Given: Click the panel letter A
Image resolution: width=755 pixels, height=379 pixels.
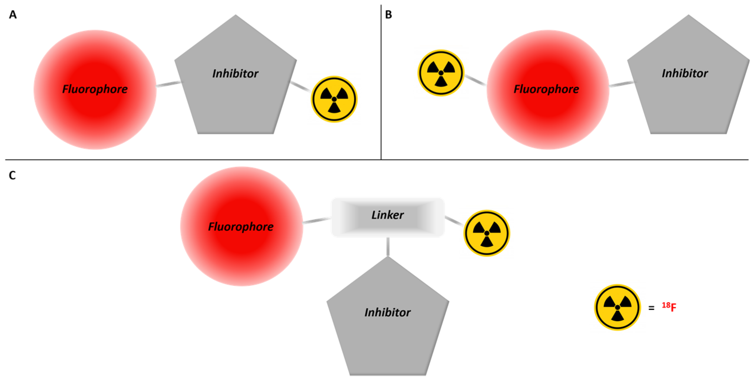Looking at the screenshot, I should [13, 14].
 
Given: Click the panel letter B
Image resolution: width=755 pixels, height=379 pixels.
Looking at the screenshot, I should [388, 14].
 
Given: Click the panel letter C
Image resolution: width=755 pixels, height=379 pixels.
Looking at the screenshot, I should [12, 175].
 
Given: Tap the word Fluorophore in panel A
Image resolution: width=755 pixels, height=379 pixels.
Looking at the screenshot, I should [95, 89].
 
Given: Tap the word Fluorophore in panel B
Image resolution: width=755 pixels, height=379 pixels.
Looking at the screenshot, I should [546, 89].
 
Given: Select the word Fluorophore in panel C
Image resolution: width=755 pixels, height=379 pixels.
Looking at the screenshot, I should [241, 226].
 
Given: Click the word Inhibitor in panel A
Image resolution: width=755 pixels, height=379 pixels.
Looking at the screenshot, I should [235, 74].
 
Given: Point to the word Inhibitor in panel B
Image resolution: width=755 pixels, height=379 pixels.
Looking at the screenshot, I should [685, 73].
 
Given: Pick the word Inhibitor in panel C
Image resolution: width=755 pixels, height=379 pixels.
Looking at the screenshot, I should [388, 312].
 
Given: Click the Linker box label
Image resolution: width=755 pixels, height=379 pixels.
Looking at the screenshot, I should [388, 215].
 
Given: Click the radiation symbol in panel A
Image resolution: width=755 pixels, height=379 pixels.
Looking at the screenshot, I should [334, 99].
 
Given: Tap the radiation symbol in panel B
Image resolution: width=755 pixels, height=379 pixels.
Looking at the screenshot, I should [441, 73].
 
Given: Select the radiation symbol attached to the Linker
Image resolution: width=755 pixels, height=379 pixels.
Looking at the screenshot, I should [487, 233].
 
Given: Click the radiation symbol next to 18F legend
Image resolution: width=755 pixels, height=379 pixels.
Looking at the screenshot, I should [617, 307].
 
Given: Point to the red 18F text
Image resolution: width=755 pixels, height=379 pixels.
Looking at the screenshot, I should [669, 307].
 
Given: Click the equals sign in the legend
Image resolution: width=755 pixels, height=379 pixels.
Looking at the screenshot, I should [651, 308].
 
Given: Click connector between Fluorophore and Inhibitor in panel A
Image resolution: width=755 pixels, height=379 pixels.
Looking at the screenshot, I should [168, 84].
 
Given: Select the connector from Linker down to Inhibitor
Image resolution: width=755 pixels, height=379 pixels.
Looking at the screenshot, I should [388, 246].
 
